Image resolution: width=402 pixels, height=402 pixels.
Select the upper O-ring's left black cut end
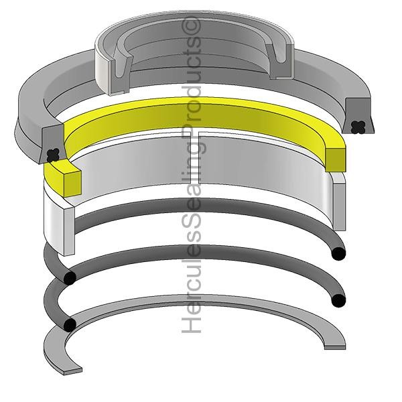(68, 277)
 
